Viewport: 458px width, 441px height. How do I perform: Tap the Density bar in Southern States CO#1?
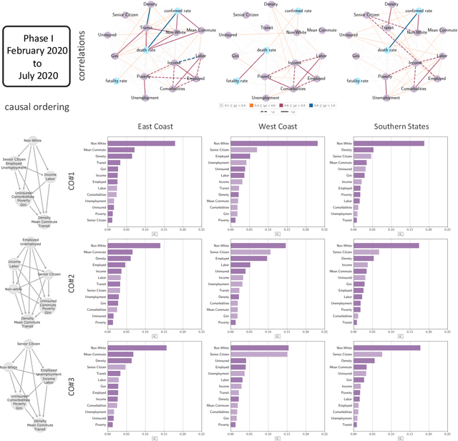pos(364,149)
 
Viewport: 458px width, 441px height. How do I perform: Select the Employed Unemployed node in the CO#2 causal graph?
pos(30,243)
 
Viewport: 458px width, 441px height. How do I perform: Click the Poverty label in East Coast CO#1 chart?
pos(99,214)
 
